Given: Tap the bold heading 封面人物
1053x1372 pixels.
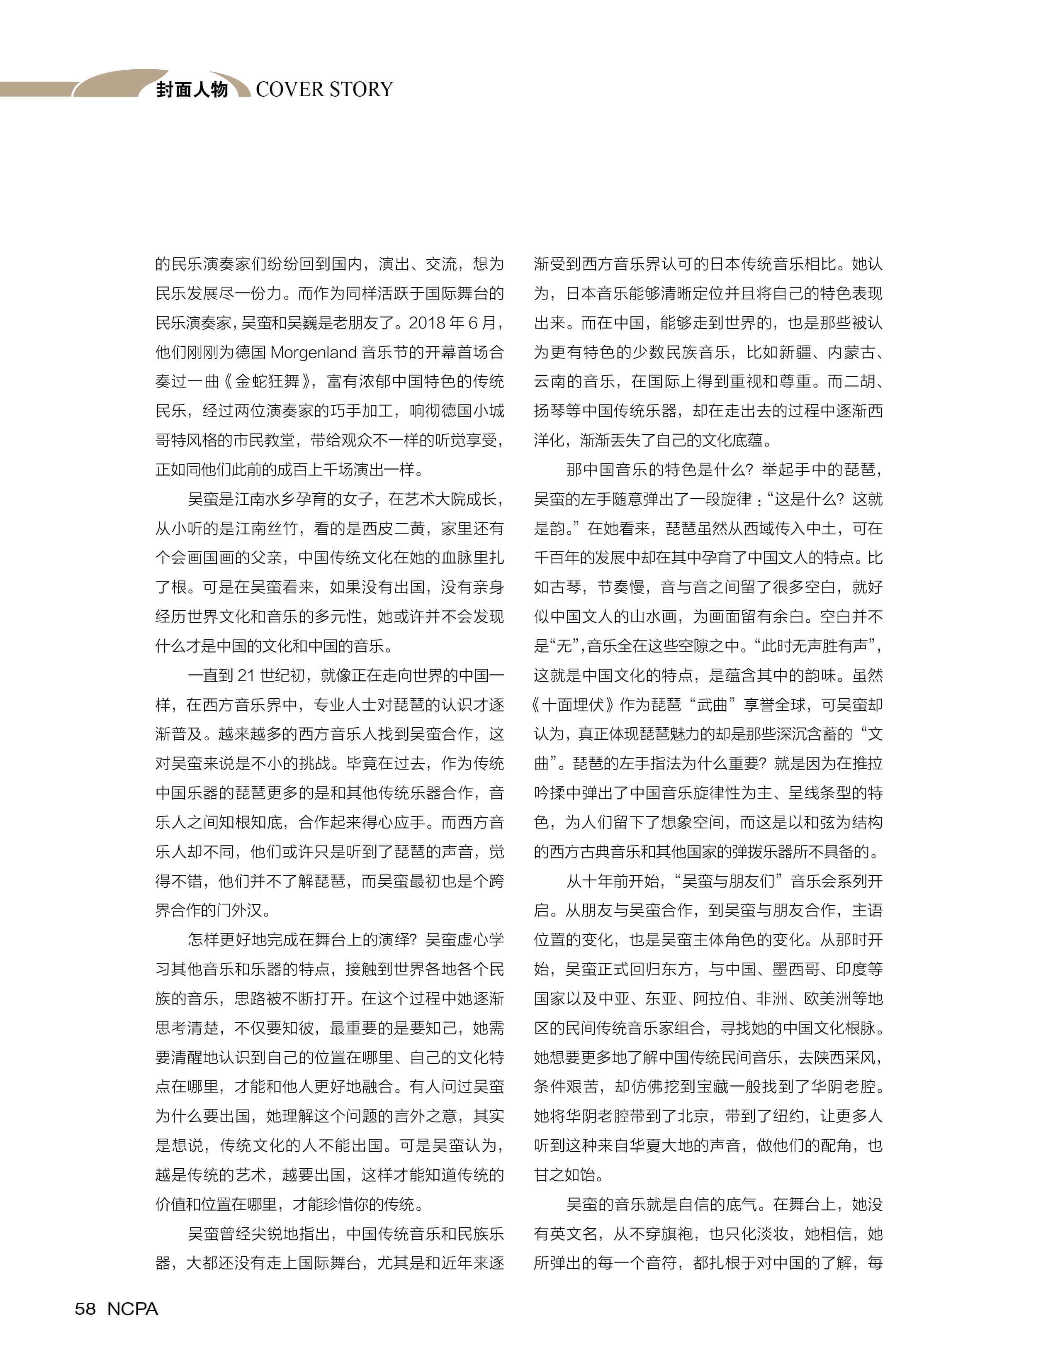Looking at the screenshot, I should click(x=192, y=90).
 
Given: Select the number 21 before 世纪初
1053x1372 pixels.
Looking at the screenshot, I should click(x=246, y=675).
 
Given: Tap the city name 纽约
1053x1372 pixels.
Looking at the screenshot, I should click(x=788, y=1116).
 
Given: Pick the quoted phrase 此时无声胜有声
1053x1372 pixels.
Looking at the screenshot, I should click(x=813, y=646).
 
